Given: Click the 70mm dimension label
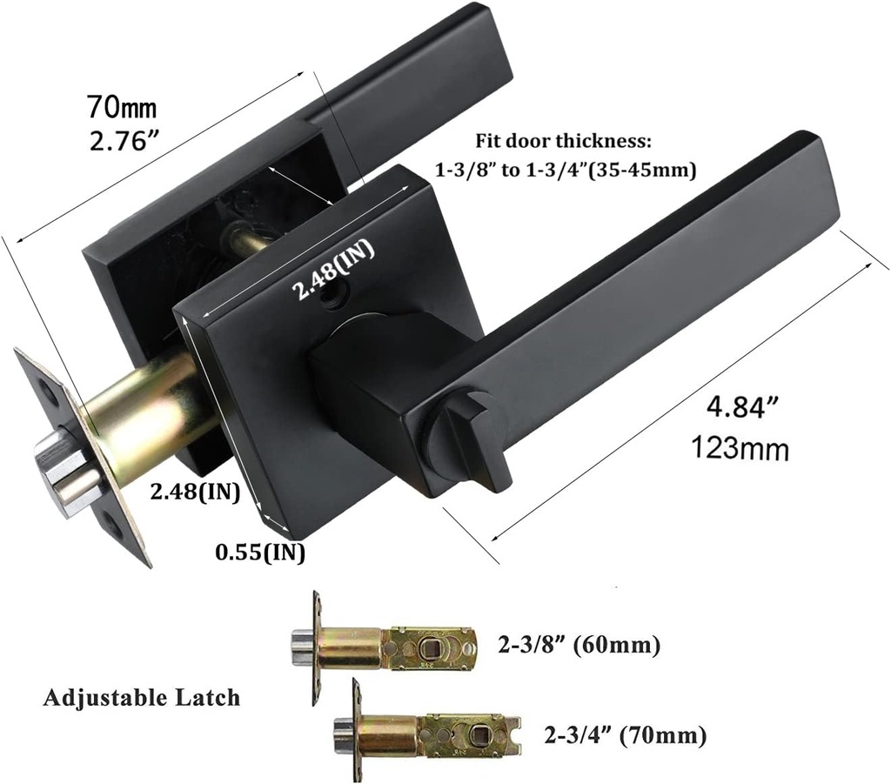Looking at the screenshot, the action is click(x=121, y=106).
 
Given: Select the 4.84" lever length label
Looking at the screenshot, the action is click(x=741, y=406).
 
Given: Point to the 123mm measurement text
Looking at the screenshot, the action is click(x=740, y=448).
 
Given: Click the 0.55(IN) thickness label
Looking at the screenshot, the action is click(x=259, y=553).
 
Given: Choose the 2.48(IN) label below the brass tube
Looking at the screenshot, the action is click(x=194, y=492).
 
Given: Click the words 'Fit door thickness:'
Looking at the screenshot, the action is click(x=563, y=141).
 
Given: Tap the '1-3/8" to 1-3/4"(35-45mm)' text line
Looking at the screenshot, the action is click(x=566, y=170).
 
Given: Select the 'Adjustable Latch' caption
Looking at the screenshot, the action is click(x=142, y=697).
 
